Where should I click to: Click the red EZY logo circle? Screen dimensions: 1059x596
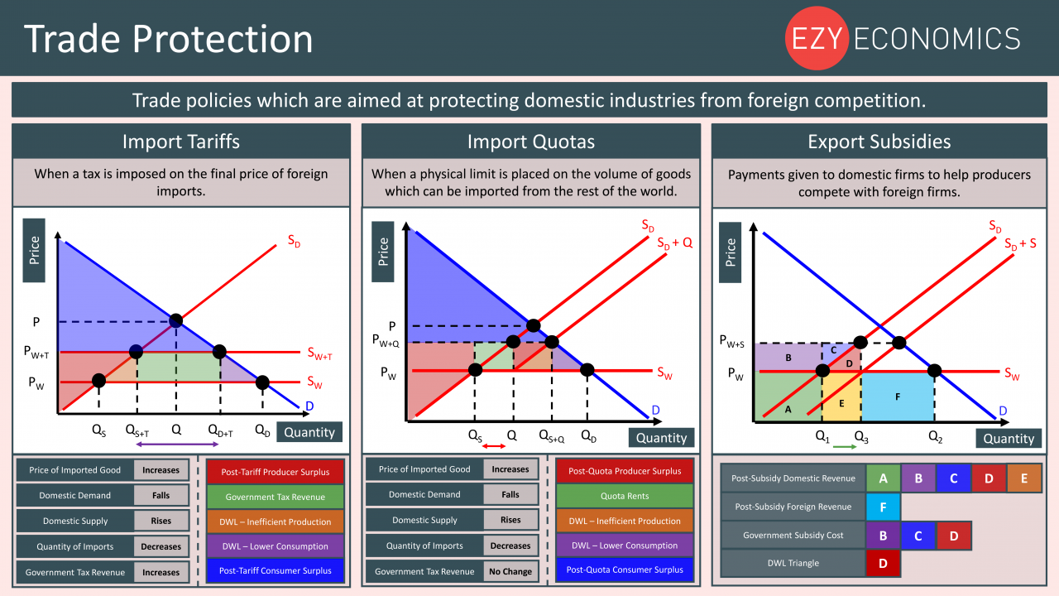817,38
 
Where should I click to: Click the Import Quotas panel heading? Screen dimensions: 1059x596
531,142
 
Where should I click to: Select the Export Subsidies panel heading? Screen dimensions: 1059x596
879,142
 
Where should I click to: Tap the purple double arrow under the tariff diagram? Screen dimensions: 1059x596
177,445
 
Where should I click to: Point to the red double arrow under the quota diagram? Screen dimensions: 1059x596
494,446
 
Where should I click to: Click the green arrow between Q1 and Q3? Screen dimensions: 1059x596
845,446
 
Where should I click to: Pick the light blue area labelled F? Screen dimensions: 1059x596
898,397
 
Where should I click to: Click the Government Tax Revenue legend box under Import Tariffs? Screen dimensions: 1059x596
276,497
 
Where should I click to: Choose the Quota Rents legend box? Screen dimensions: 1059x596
625,496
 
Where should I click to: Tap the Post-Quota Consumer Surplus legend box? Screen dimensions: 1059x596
625,570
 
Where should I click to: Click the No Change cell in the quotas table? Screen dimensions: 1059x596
510,571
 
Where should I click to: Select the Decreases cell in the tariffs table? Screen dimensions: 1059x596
161,546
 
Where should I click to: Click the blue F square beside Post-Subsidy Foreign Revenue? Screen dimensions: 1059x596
883,507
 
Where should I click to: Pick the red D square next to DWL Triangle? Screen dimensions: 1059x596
883,564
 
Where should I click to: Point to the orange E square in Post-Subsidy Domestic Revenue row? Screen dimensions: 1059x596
1024,478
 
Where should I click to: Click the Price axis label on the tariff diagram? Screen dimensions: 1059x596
34,250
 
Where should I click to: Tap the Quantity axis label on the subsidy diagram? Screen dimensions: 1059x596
1009,439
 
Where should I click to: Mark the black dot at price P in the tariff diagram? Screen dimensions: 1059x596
176,320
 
